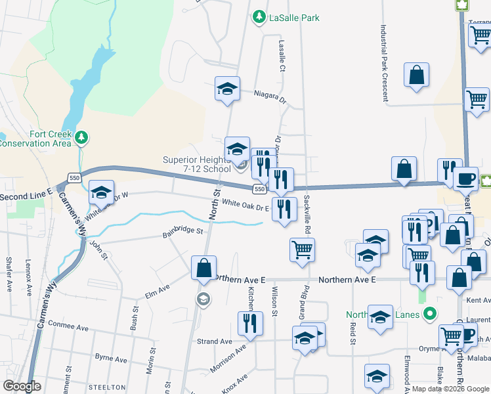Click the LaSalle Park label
294,18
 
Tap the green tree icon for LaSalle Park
260,17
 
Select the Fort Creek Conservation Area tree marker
81,138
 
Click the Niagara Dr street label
270,97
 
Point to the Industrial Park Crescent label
383,64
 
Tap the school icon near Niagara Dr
227,89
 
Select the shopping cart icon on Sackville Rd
302,250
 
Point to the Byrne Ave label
111,358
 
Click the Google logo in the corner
22,386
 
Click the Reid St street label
352,334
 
